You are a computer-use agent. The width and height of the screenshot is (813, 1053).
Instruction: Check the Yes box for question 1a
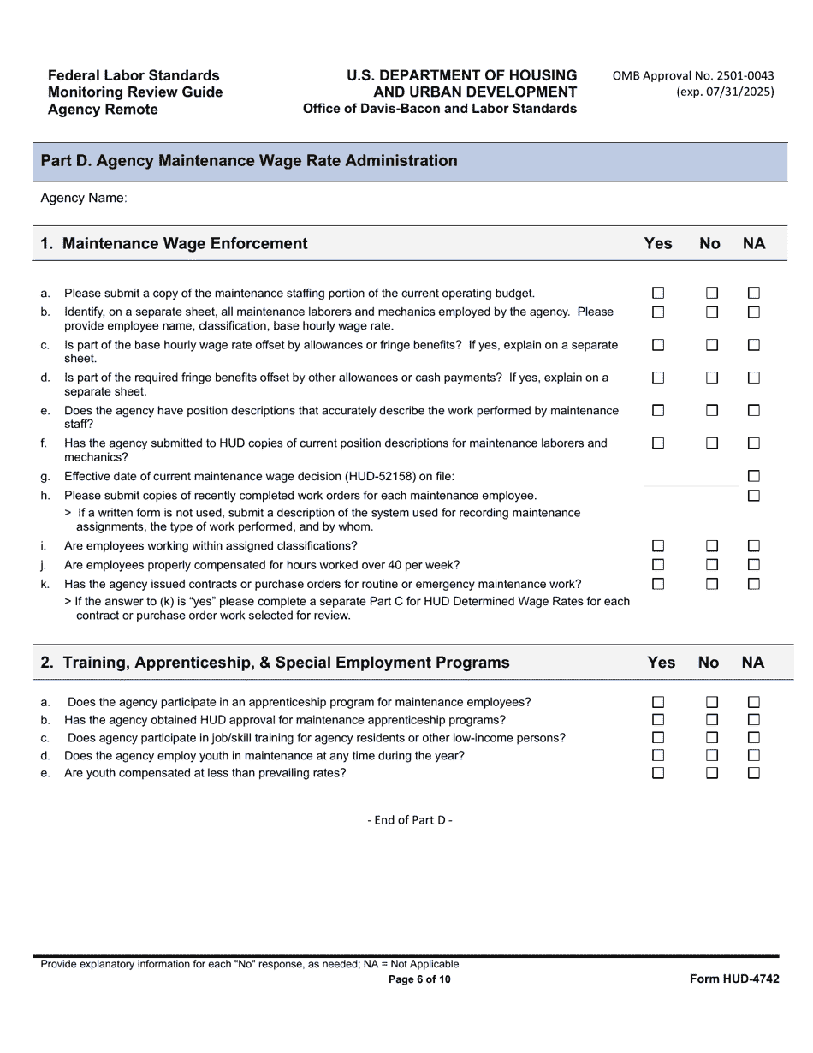point(658,293)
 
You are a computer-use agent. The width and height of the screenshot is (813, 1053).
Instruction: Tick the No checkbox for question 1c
point(712,345)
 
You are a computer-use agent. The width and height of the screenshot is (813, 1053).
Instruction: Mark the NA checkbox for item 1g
point(754,476)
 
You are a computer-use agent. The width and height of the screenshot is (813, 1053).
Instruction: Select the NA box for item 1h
point(754,496)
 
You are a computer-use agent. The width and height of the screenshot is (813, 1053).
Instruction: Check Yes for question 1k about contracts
point(658,584)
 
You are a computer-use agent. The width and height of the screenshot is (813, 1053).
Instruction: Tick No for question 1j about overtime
point(712,565)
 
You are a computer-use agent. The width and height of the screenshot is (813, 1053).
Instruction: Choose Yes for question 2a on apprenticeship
point(658,702)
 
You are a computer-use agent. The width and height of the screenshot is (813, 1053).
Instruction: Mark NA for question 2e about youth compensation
point(754,773)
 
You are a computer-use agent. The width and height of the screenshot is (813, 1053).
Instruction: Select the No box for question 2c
point(712,737)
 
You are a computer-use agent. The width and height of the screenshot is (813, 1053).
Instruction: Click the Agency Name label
point(83,199)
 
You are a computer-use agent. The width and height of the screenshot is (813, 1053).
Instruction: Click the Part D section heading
point(248,161)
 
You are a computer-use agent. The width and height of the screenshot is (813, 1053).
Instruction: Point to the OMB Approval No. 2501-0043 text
point(692,76)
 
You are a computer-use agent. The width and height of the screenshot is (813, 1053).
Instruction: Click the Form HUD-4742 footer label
point(734,979)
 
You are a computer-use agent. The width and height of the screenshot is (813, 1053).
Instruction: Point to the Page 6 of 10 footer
point(418,979)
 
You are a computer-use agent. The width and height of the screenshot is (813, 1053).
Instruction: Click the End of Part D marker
point(410,820)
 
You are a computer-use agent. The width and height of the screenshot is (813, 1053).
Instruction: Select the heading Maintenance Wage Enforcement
point(185,244)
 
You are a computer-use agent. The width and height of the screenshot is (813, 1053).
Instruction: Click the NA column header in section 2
point(753,663)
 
